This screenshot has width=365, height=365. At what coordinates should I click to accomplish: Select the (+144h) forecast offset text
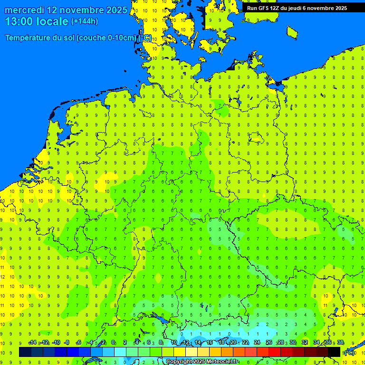[84, 21]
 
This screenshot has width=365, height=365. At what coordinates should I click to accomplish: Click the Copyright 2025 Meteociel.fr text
[202, 362]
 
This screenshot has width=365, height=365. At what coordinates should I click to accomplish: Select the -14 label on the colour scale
[32, 343]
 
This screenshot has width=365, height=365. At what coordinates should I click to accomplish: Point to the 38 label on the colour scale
[340, 343]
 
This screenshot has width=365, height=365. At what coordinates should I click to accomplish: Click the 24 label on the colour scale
[257, 343]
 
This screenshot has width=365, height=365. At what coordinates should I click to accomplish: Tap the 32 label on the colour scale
[305, 343]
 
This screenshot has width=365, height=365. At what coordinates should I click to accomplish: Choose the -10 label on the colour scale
[56, 343]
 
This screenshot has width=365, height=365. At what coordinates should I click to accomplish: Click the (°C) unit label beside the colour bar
[349, 352]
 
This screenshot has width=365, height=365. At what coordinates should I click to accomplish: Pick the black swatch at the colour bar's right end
[334, 352]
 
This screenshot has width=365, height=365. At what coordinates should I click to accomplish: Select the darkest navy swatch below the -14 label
[25, 352]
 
